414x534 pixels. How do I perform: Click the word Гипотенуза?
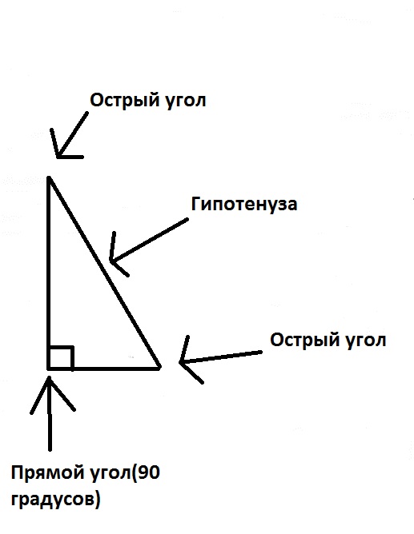pyautogui.click(x=243, y=204)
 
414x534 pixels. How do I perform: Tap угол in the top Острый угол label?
pyautogui.click(x=186, y=101)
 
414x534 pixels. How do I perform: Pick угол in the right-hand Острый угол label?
pyautogui.click(x=366, y=341)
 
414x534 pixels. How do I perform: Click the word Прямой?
pyautogui.click(x=48, y=473)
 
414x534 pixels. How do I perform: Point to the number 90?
pyautogui.click(x=149, y=472)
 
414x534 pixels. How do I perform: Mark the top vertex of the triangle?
pyautogui.click(x=49, y=177)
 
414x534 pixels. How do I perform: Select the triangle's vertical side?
pyautogui.click(x=49, y=273)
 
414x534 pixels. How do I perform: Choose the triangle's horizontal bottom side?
pyautogui.click(x=104, y=368)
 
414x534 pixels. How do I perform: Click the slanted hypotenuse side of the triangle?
pyautogui.click(x=104, y=273)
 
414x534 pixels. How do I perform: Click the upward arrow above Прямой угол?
pyautogui.click(x=50, y=413)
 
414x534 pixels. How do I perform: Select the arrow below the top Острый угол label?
pyautogui.click(x=69, y=135)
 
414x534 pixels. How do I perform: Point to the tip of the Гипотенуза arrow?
pyautogui.click(x=111, y=261)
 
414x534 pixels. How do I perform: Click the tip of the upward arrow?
pyautogui.click(x=50, y=377)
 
